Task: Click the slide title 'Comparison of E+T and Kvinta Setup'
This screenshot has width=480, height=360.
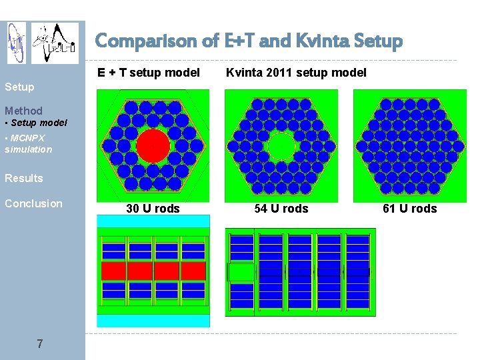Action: pyautogui.click(x=249, y=41)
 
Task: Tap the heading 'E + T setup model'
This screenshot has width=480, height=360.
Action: pyautogui.click(x=149, y=72)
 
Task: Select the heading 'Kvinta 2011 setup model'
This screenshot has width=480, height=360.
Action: pyautogui.click(x=296, y=72)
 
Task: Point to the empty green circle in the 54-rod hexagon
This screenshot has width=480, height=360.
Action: pyautogui.click(x=281, y=146)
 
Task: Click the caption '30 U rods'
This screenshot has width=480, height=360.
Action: pyautogui.click(x=153, y=209)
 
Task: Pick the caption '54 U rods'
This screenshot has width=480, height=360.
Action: pyautogui.click(x=281, y=209)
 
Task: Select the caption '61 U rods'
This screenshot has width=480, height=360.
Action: pyautogui.click(x=410, y=209)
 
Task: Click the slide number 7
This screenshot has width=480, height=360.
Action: pyautogui.click(x=40, y=344)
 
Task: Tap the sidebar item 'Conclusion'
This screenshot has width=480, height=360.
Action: pyautogui.click(x=33, y=203)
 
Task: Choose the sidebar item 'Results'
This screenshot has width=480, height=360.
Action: pyautogui.click(x=24, y=178)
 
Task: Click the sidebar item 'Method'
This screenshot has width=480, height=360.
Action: pyautogui.click(x=23, y=111)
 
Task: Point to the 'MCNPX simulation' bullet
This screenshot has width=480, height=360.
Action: pyautogui.click(x=28, y=143)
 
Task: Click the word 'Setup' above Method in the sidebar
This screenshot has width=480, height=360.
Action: pyautogui.click(x=19, y=86)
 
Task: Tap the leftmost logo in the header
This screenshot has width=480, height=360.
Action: pyautogui.click(x=17, y=43)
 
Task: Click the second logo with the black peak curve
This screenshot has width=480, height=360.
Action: pyautogui.click(x=55, y=43)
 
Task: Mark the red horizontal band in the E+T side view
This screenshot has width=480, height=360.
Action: pyautogui.click(x=153, y=271)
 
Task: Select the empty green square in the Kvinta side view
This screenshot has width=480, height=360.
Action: pyautogui.click(x=241, y=272)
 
